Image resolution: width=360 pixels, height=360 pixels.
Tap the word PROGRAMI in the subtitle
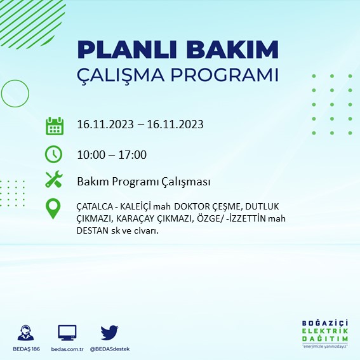pyautogui.click(x=225, y=75)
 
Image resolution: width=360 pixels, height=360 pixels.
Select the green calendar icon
pyautogui.click(x=54, y=125)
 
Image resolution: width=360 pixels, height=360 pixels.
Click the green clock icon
pyautogui.click(x=54, y=154)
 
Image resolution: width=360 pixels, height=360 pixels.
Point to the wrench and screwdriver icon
pyautogui.click(x=54, y=180)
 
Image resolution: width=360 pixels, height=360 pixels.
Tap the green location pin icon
pyautogui.click(x=54, y=209)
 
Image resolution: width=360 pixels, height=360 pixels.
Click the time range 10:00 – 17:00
pyautogui.click(x=112, y=154)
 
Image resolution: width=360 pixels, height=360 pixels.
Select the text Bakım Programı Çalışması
pyautogui.click(x=143, y=182)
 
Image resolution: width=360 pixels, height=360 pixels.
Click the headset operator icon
pyautogui.click(x=27, y=333)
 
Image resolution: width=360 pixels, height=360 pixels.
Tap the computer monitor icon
pyautogui.click(x=67, y=332)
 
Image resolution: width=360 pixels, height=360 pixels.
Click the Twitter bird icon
pyautogui.click(x=110, y=332)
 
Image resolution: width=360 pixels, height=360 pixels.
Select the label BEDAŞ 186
pyautogui.click(x=27, y=349)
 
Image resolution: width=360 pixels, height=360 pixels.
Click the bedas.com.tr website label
pyautogui.click(x=67, y=349)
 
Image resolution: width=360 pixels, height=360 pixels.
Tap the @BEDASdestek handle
pyautogui.click(x=110, y=349)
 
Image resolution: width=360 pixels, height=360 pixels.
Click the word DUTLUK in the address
pyautogui.click(x=260, y=208)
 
